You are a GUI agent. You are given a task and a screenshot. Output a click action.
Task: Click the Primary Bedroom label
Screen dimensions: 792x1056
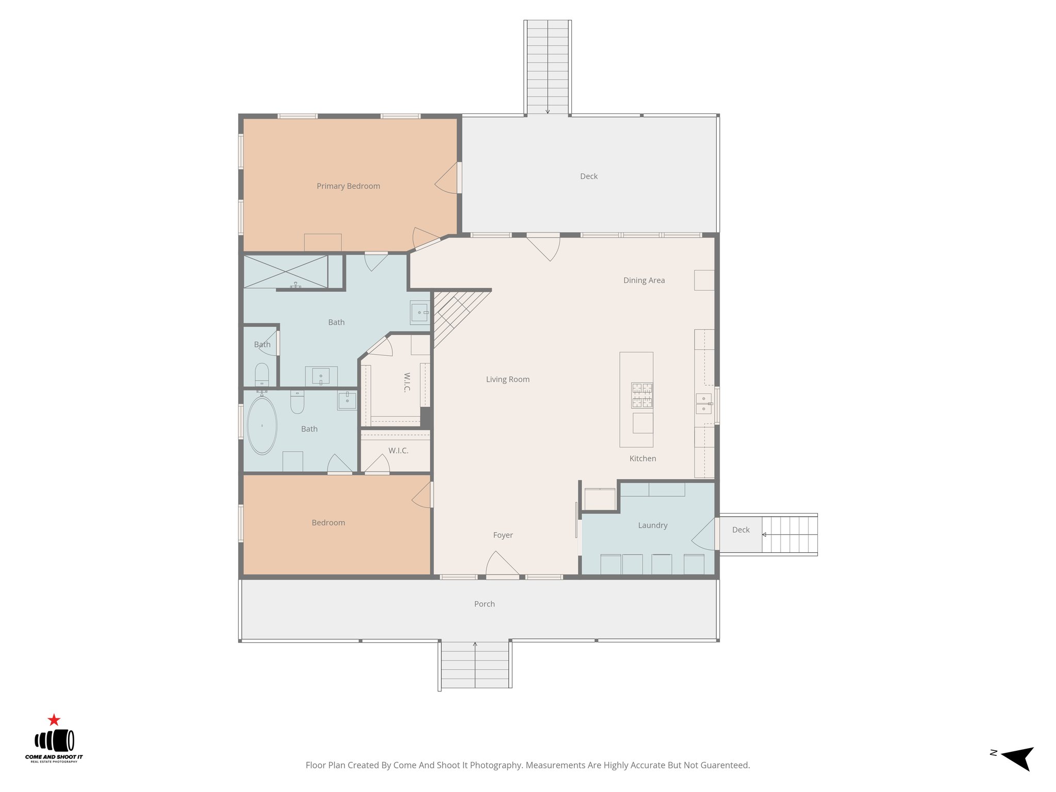point(348,186)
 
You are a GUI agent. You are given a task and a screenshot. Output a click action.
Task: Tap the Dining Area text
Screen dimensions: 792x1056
point(643,280)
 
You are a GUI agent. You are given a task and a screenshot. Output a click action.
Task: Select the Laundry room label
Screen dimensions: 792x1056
point(652,525)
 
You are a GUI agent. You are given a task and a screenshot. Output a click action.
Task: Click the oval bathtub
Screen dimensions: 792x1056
point(262,426)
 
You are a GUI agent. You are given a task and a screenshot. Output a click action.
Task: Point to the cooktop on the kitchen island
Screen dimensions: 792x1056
point(642,395)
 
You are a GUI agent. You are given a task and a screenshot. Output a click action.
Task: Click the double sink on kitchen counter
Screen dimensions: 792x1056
point(703,404)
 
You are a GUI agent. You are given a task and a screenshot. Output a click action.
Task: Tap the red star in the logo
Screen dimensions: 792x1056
point(54,720)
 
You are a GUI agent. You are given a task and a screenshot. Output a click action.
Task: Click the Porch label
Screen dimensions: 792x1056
point(484,604)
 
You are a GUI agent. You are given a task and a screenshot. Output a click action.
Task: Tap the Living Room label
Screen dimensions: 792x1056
point(507,379)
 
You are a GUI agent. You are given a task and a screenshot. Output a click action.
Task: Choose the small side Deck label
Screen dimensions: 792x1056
point(740,530)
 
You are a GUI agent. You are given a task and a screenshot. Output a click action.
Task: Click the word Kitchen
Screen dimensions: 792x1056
point(642,458)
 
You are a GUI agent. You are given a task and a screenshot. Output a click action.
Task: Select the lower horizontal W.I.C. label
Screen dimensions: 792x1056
point(398,451)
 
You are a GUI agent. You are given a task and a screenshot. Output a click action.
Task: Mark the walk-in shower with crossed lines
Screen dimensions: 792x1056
point(285,272)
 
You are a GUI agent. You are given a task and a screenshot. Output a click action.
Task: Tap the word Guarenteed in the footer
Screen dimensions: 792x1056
point(724,765)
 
